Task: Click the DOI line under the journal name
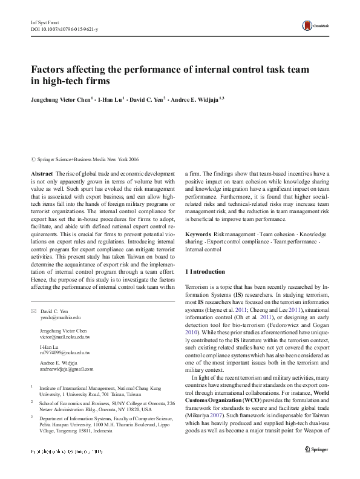click(64, 29)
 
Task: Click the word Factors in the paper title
click(50, 70)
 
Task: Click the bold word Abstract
click(42, 173)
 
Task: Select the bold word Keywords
click(198, 234)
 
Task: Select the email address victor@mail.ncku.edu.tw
click(65, 337)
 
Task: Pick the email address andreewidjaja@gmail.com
click(67, 368)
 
